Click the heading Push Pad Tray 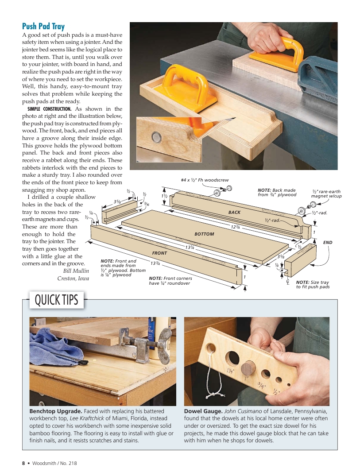(43, 27)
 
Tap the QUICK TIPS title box (56, 300)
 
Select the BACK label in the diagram (234, 213)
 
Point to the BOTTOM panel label (204, 234)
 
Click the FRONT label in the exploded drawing (159, 253)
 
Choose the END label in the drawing (328, 243)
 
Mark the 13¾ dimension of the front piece (155, 263)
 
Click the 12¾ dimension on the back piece (235, 227)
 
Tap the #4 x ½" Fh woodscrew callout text (205, 180)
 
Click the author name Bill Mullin (76, 271)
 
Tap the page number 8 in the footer (23, 463)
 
